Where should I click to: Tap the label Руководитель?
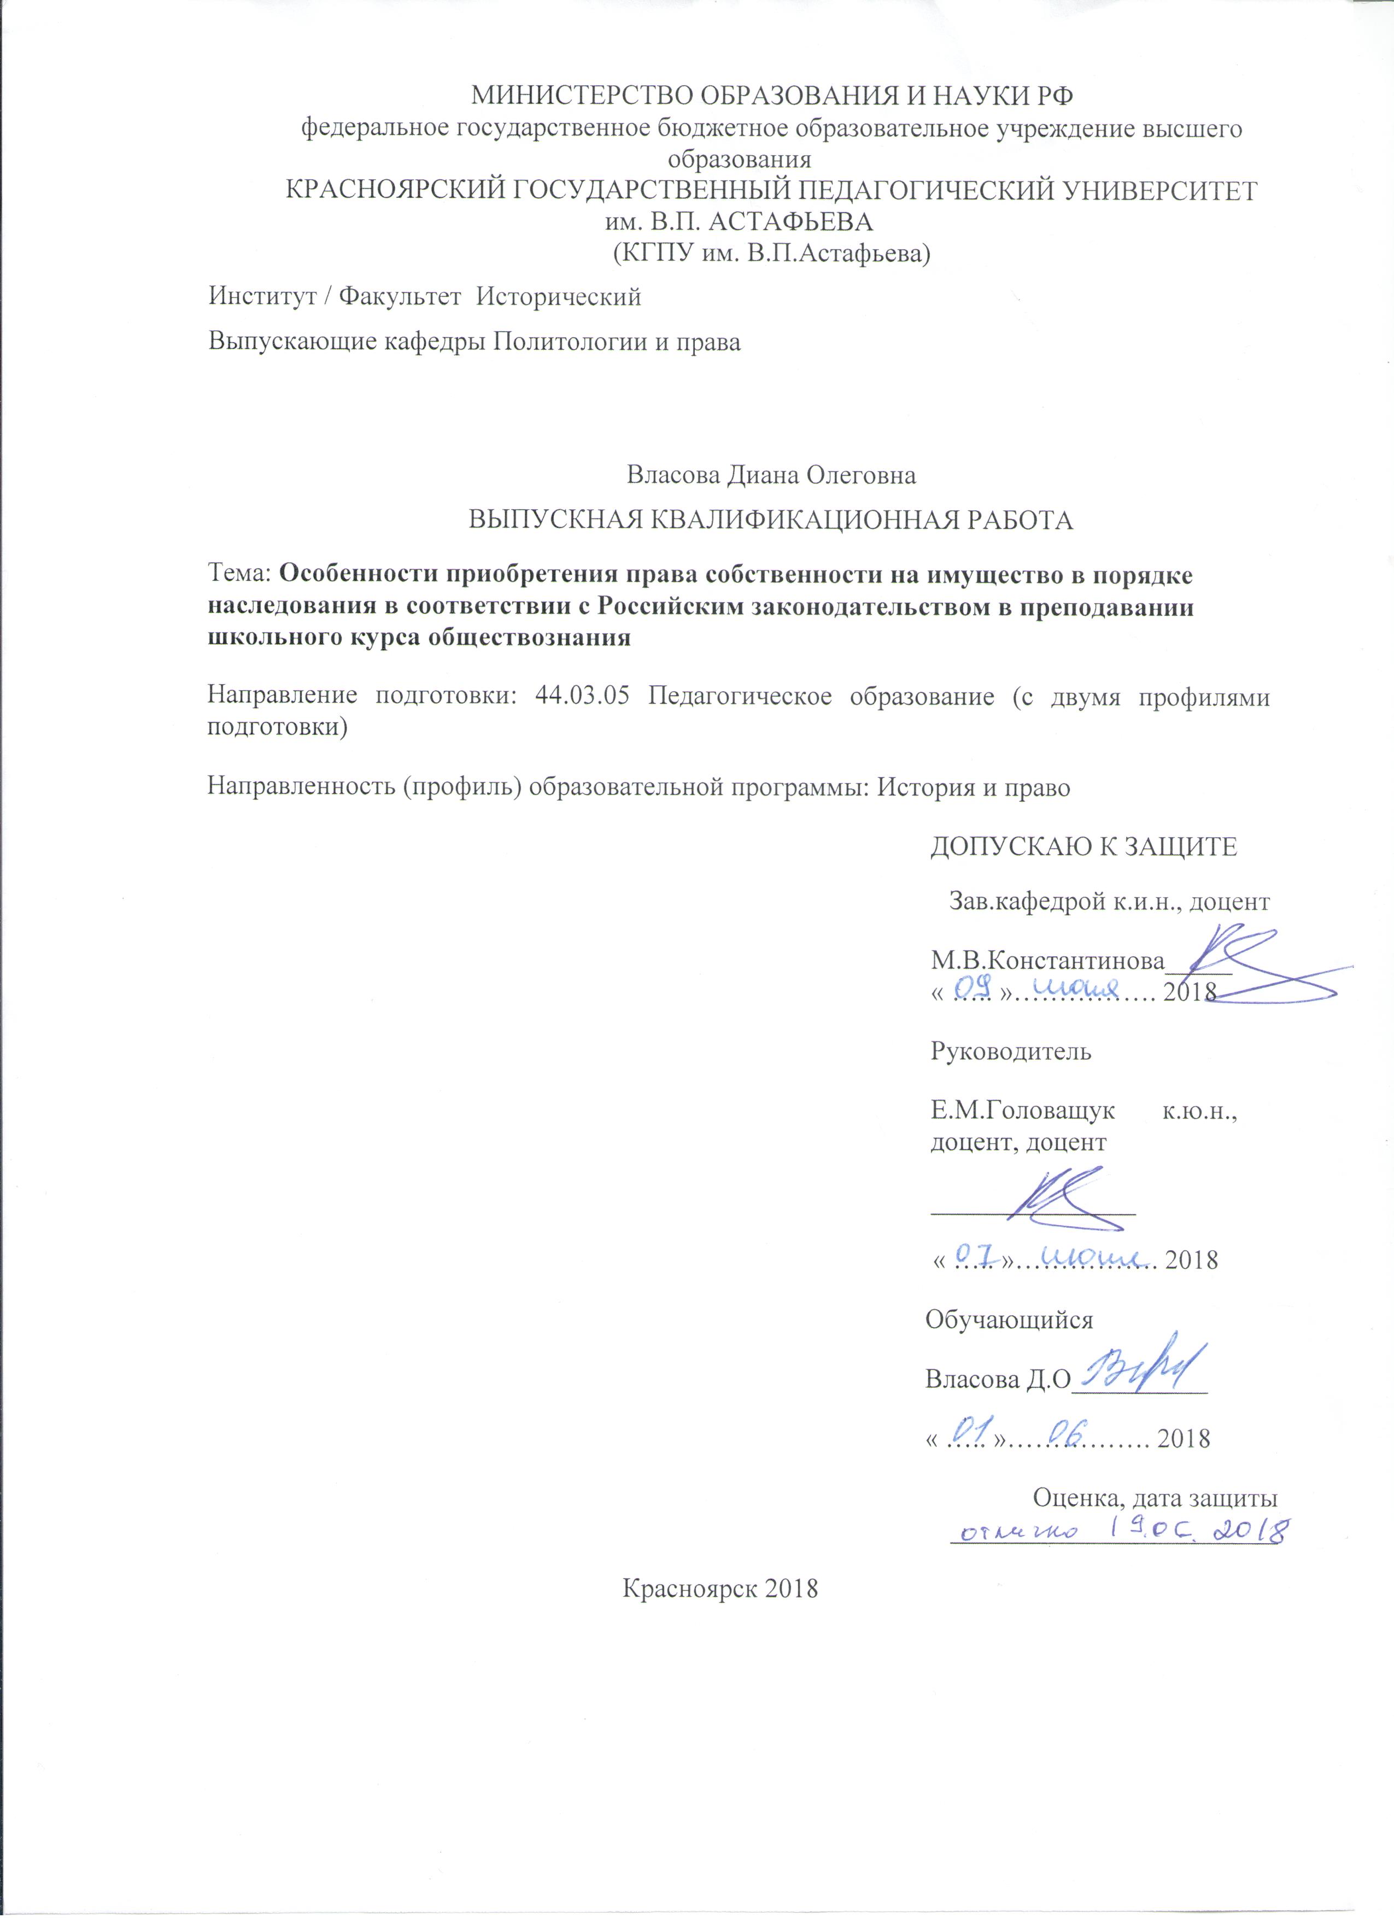[1011, 1051]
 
